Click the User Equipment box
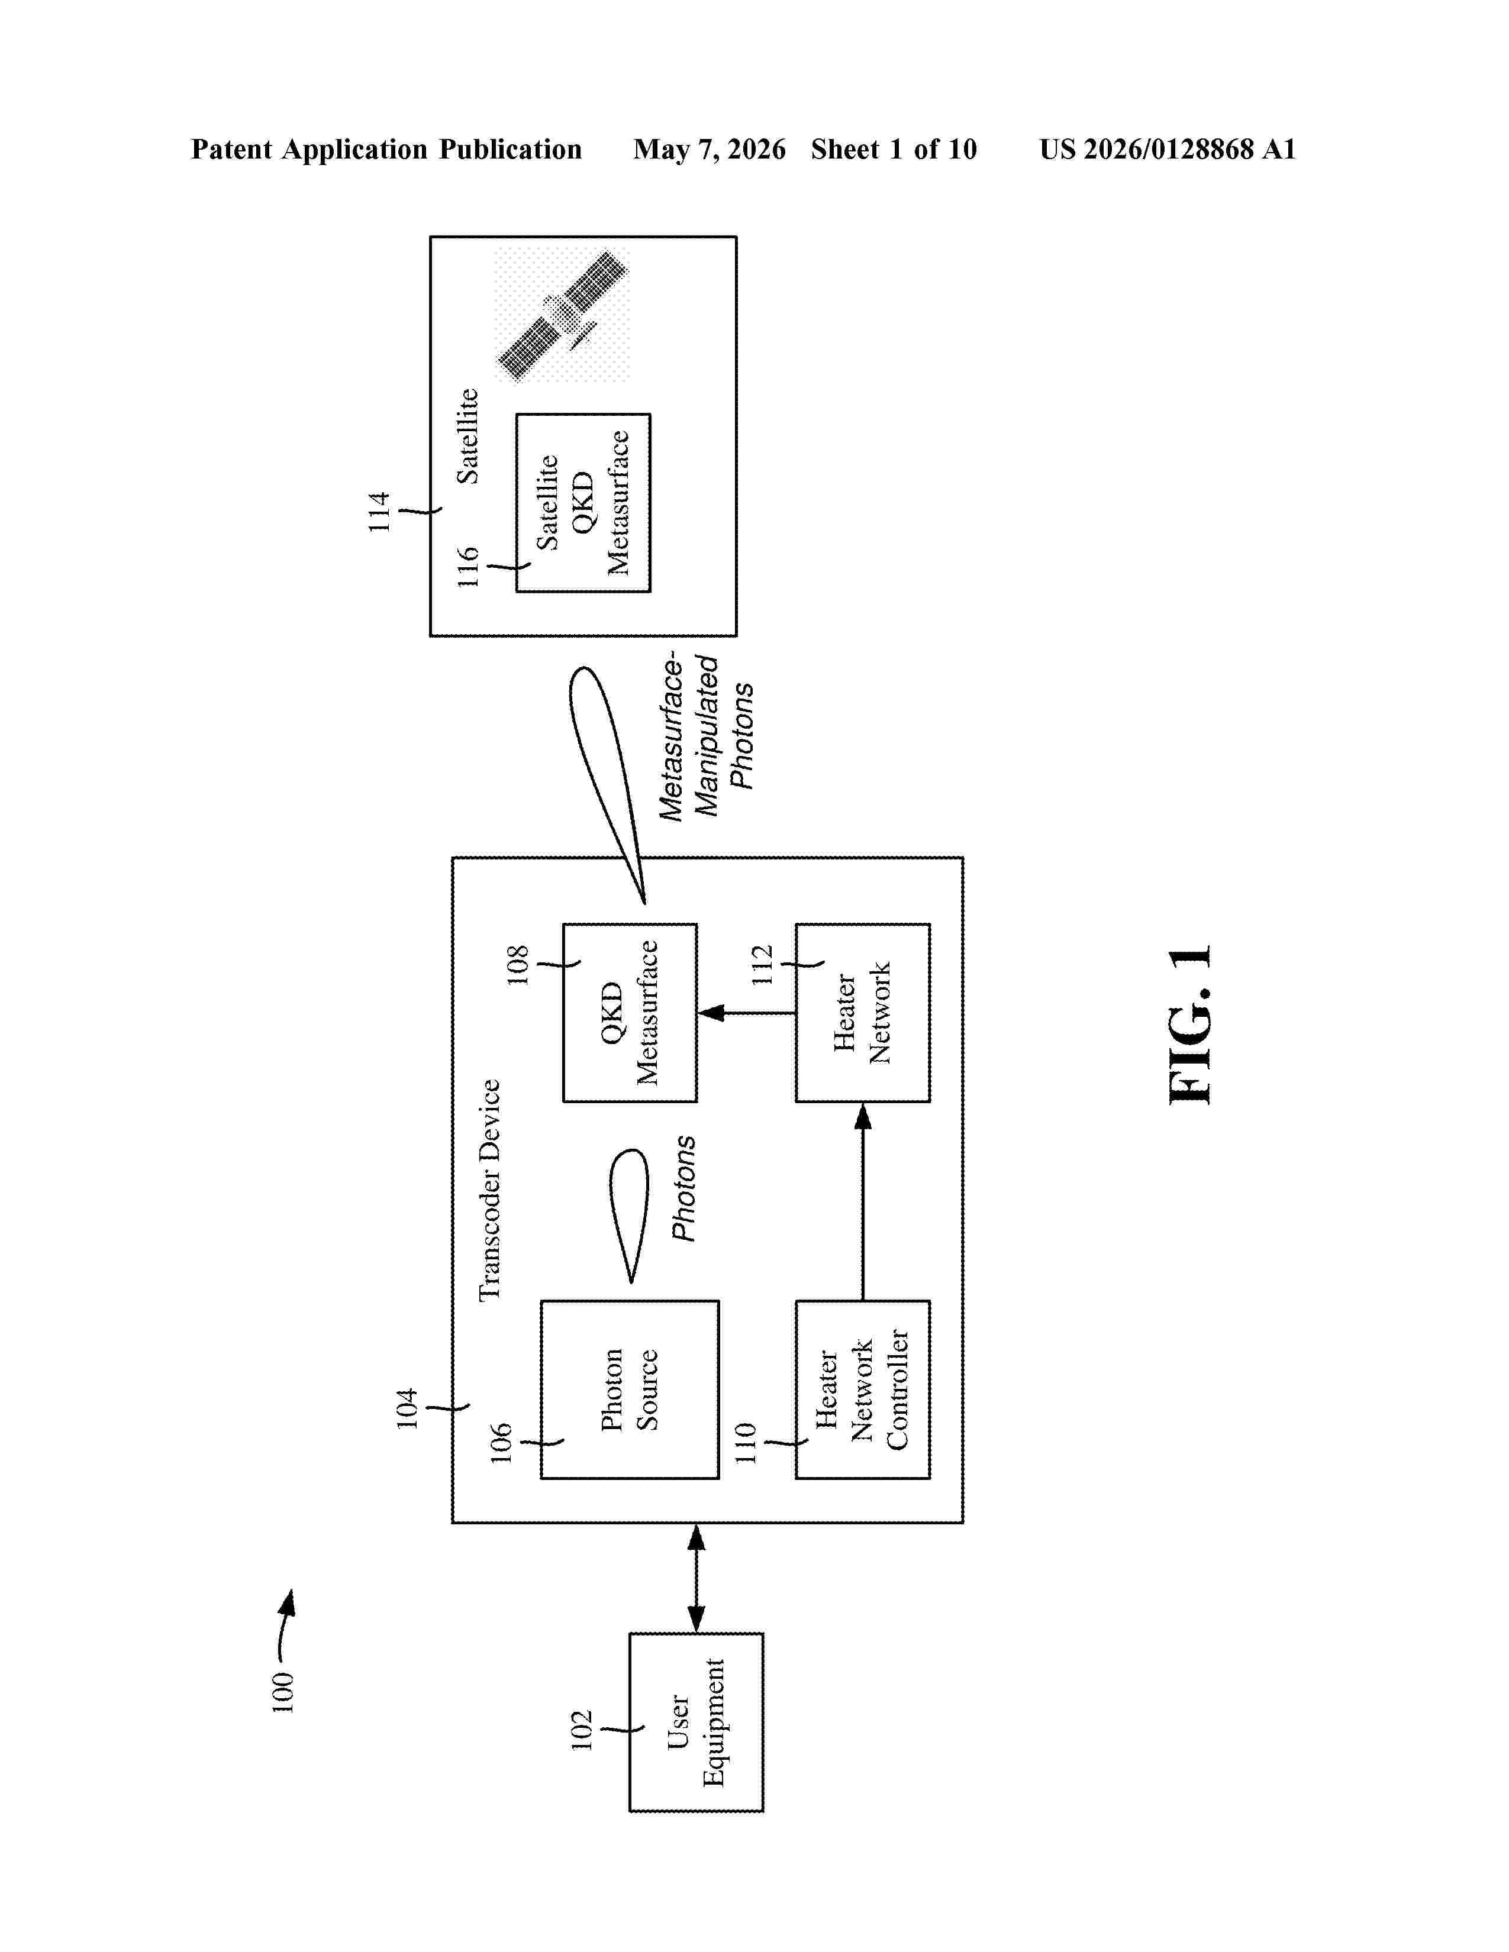click(x=697, y=1722)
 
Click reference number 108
click(x=518, y=965)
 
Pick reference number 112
click(x=762, y=965)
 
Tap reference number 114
click(x=379, y=512)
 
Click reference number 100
click(x=282, y=1693)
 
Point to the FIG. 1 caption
click(x=1191, y=1025)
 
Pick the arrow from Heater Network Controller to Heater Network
click(x=863, y=1201)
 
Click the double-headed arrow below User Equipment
click(x=697, y=1578)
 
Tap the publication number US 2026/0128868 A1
click(x=1168, y=149)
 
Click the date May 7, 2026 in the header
click(x=710, y=149)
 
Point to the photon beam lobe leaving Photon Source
click(x=630, y=1216)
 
